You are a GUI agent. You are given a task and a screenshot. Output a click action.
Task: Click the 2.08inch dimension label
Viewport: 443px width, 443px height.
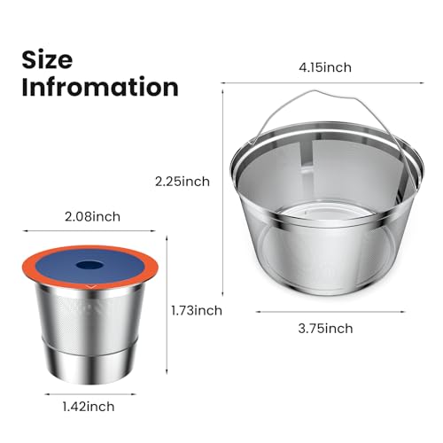coord(94,215)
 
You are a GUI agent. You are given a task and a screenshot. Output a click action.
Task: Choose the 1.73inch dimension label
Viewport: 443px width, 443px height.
coord(196,310)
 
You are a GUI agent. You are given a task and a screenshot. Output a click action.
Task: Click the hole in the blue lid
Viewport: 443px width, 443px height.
coord(89,263)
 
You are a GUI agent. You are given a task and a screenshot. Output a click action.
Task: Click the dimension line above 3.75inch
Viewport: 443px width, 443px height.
coord(323,310)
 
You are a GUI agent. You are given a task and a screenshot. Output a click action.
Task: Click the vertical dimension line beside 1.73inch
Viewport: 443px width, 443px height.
coord(169,310)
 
